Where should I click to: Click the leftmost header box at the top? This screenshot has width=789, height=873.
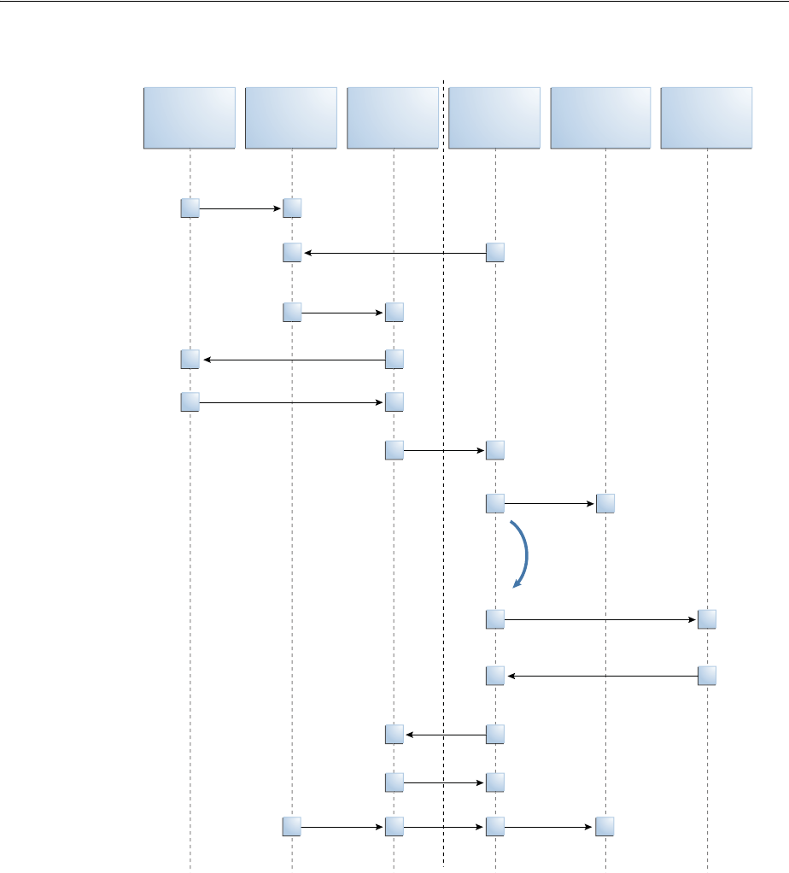190,118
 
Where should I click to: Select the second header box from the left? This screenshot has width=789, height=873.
291,118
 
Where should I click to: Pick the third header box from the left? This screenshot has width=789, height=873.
394,118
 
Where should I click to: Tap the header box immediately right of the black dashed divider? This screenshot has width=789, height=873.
494,118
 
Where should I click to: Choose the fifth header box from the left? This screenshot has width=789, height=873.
605,118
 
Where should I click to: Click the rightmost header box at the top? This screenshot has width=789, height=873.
707,118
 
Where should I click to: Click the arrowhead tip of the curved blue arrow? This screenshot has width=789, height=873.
514,587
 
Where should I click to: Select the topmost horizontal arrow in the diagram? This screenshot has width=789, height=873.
239,208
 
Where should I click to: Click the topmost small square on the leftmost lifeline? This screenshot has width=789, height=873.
190,208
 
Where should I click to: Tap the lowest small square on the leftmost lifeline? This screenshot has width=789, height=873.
190,401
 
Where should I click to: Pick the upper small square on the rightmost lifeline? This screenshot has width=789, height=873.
707,618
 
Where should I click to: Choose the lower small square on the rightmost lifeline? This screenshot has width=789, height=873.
707,676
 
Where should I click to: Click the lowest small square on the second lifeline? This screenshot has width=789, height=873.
291,826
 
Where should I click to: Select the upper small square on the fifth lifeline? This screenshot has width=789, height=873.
605,502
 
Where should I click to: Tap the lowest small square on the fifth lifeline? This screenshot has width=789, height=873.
605,826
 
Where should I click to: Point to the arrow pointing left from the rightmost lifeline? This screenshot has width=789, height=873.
602,676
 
